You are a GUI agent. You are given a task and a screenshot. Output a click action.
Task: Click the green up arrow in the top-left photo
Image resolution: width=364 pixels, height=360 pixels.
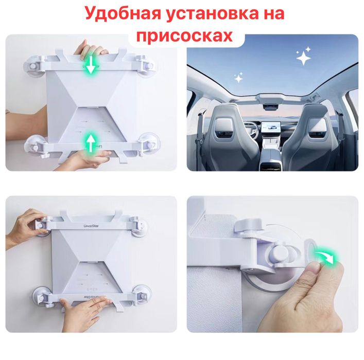(x=91, y=140)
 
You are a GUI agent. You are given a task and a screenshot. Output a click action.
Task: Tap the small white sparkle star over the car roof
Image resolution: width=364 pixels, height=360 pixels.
(x=238, y=79)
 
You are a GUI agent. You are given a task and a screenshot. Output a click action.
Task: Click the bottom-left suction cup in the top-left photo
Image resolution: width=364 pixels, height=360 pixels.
(x=34, y=145)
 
